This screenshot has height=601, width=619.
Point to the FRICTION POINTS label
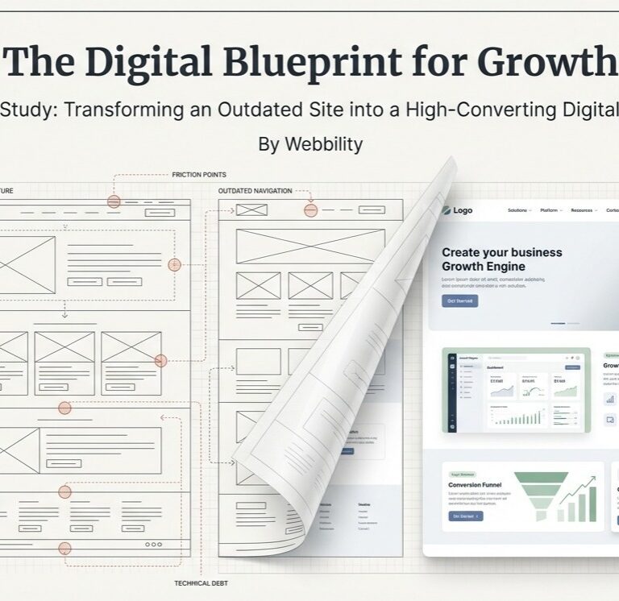pos(199,175)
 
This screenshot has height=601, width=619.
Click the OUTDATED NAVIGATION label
pos(255,192)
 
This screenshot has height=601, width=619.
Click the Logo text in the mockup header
pos(463,211)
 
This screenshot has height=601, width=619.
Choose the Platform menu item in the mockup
pos(551,211)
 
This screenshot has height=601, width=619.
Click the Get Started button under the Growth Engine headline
pos(459,301)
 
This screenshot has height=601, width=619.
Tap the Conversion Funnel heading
pos(475,485)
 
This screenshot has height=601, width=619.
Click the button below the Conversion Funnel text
pos(465,516)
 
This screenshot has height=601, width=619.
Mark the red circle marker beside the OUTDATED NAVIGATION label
pos(310,209)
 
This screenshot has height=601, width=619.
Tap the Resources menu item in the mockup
pos(584,211)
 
